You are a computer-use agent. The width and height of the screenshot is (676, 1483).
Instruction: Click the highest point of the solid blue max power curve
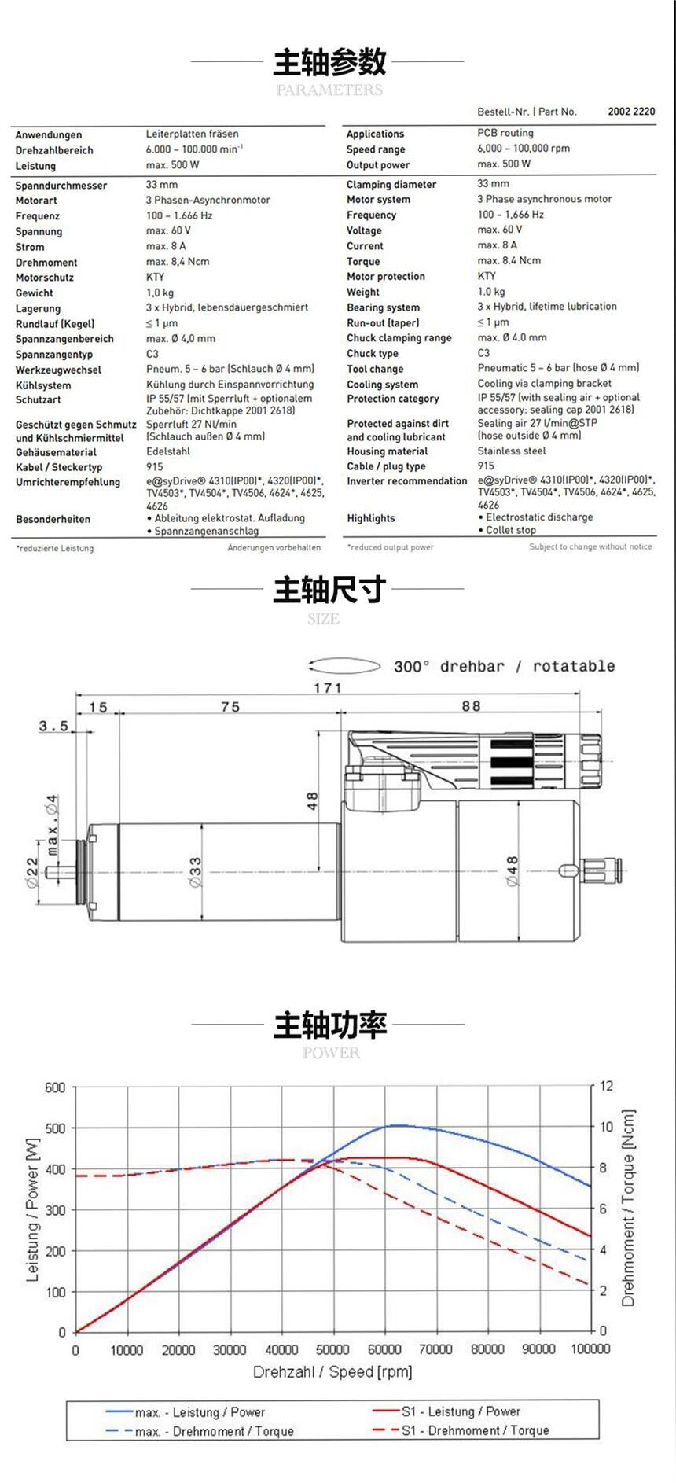[x=399, y=1125]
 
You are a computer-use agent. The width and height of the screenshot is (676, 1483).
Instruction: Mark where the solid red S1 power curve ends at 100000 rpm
[x=590, y=1236]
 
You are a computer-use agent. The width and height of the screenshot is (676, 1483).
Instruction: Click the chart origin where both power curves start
[x=75, y=1332]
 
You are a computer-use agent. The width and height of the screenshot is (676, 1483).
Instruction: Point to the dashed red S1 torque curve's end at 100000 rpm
[x=590, y=1286]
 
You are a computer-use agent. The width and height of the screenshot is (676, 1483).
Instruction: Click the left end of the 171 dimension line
[x=76, y=694]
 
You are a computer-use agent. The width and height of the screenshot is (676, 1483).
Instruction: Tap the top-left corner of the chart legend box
[x=67, y=1400]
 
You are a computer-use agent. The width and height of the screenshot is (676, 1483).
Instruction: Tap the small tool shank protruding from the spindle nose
[x=60, y=872]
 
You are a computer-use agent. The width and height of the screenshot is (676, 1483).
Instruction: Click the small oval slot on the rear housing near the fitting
[x=568, y=870]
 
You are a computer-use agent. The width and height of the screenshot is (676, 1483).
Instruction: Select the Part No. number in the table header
[x=631, y=112]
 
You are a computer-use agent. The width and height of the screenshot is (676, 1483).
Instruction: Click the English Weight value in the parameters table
[x=491, y=292]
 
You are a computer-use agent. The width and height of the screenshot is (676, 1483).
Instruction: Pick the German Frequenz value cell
[x=179, y=215]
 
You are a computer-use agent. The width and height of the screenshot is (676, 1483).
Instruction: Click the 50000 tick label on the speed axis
[x=332, y=1349]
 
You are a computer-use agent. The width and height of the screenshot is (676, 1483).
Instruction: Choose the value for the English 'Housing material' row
[x=512, y=451]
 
